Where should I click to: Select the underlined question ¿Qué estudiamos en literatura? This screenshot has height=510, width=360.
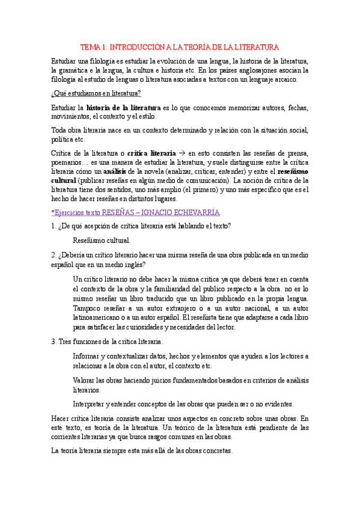[96, 93]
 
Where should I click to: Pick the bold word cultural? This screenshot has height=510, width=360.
[64, 180]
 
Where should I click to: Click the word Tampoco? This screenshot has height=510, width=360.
[87, 307]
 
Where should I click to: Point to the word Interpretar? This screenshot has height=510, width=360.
[91, 404]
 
